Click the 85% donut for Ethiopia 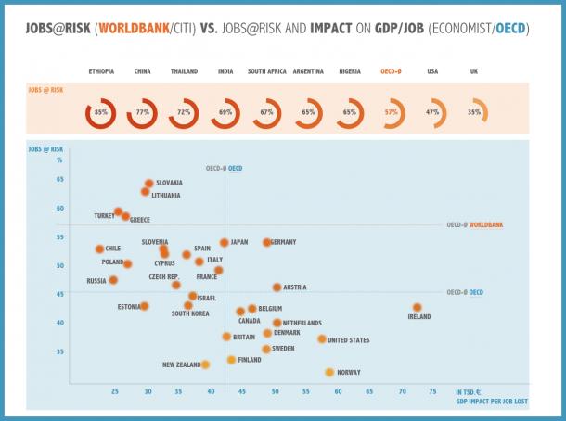point(101,112)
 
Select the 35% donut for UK point(474,112)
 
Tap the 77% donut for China point(142,112)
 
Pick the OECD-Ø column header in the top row point(392,71)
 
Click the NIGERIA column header point(350,71)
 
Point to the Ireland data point point(418,307)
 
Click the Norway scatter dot point(329,372)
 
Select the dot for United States point(322,339)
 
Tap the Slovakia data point point(148,184)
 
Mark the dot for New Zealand point(205,364)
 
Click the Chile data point point(99,249)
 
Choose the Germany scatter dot point(266,242)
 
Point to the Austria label point(295,287)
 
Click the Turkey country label point(104,216)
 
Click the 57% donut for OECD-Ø point(392,112)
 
